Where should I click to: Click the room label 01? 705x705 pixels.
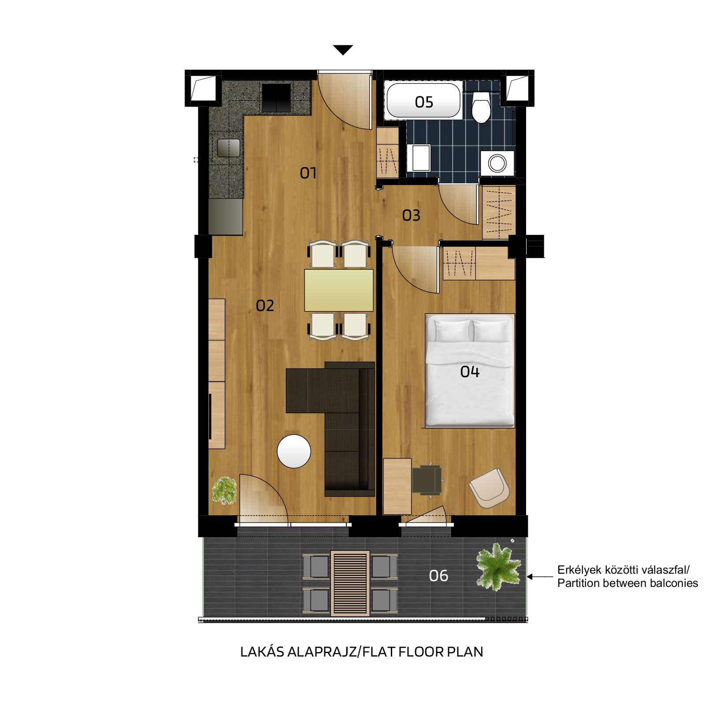308,173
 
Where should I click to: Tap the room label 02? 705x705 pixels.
265,306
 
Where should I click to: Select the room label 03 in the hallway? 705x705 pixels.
411,215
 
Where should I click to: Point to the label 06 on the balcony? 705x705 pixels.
438,576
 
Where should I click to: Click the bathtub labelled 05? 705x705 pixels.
423,100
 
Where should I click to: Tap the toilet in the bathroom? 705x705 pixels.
481,106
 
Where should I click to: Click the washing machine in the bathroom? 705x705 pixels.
497,163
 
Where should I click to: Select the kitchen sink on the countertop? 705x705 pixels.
229,148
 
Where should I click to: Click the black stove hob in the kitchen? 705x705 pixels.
276,98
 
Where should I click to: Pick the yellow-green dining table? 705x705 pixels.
339,290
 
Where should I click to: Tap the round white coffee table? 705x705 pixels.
294,451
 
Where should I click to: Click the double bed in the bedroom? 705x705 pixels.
470,371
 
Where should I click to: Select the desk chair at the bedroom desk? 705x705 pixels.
427,480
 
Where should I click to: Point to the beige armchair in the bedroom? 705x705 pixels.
490,488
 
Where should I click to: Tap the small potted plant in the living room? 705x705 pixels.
225,490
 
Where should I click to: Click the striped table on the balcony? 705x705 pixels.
350,583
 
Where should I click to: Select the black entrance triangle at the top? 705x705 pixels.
343,50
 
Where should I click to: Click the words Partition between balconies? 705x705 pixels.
627,583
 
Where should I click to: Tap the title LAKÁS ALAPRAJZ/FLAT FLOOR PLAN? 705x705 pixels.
361,652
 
